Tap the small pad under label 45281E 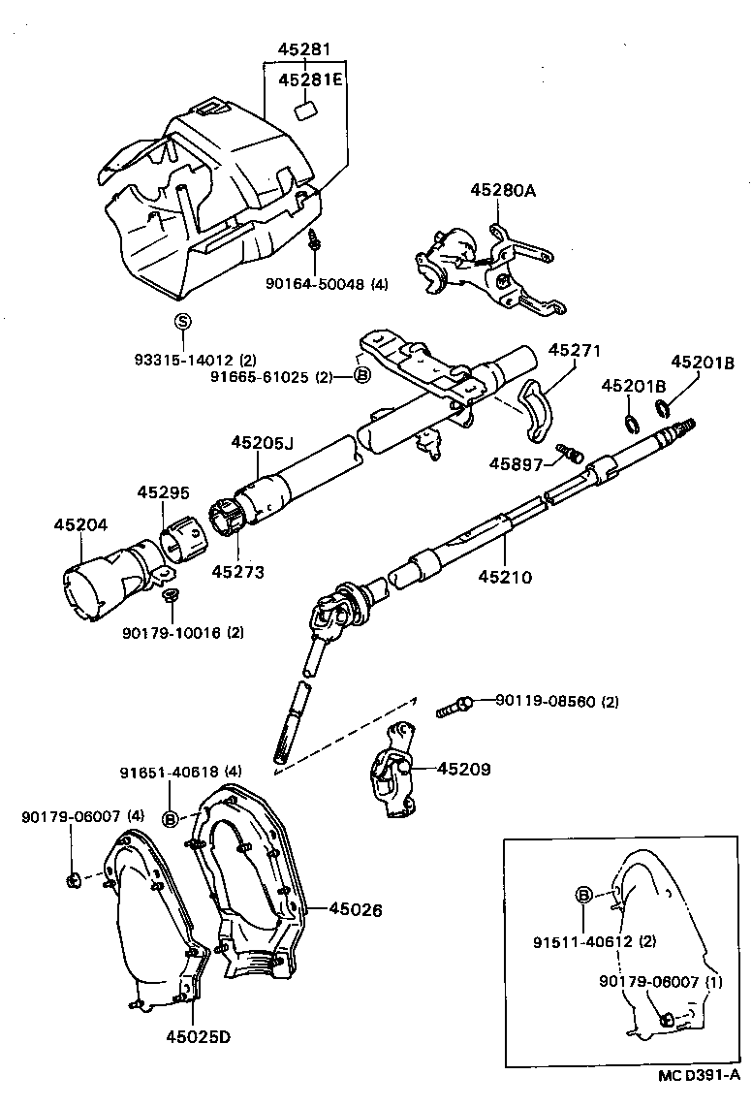point(307,109)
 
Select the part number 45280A point(503,191)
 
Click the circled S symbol point(182,322)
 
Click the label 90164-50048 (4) point(327,284)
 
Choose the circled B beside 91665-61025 point(360,376)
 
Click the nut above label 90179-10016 point(171,594)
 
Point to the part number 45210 point(505,578)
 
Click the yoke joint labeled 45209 point(395,771)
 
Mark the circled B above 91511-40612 point(584,895)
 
